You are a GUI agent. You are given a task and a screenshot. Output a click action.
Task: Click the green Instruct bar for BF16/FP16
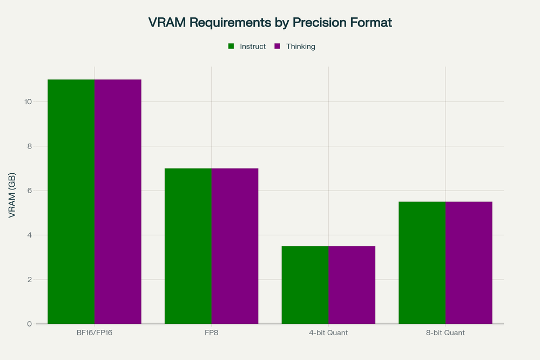tap(71, 202)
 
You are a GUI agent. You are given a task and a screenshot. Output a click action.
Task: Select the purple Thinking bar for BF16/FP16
tap(118, 202)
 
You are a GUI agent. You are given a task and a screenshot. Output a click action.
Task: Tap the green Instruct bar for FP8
tap(188, 246)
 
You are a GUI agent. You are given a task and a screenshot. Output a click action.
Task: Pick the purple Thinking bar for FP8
tap(235, 246)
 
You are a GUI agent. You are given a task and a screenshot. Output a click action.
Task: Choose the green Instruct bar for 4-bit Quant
tap(305, 285)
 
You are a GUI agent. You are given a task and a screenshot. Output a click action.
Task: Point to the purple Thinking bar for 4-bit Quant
tap(352, 285)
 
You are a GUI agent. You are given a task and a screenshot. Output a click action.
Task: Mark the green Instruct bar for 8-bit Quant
tap(422, 263)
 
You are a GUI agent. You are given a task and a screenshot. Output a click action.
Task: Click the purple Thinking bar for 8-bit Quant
tap(469, 263)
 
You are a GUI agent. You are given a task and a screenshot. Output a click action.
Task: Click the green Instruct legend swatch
tap(231, 46)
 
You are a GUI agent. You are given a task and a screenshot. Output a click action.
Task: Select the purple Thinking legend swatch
tap(278, 46)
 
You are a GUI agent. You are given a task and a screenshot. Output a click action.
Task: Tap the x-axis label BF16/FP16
tap(94, 333)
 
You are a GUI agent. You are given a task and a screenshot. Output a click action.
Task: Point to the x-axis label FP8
tap(211, 333)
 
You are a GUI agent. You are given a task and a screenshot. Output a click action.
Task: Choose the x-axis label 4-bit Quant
tap(328, 333)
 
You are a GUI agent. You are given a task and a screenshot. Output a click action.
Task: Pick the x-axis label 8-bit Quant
tap(446, 333)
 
